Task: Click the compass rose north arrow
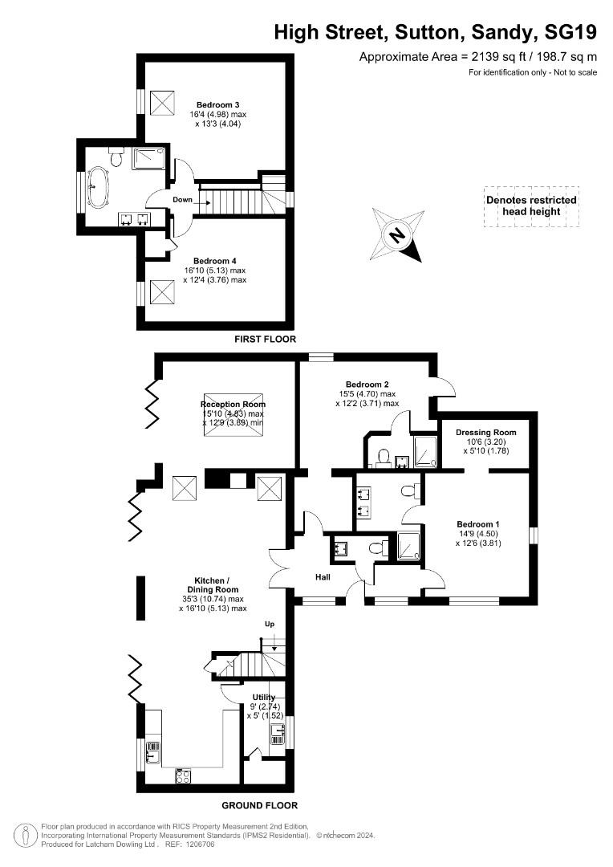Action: (397, 234)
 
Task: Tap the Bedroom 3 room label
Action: (218, 104)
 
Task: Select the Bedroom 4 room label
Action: (214, 261)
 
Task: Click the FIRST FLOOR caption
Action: (265, 340)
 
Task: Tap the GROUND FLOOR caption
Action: (259, 805)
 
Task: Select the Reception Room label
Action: (233, 405)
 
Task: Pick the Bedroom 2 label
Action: (367, 384)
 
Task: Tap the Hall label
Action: (323, 576)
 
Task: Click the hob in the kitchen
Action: (183, 775)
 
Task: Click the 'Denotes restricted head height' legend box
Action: (531, 206)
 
